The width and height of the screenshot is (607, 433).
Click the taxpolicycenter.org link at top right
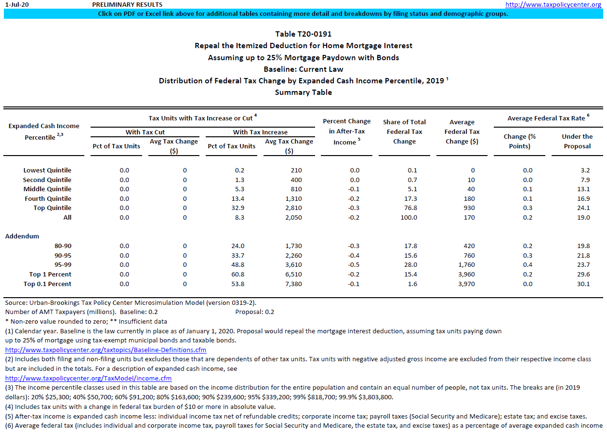554,4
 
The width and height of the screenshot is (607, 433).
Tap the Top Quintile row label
48,208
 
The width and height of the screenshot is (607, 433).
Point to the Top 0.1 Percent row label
47,284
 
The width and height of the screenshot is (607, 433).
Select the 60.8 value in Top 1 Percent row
238,275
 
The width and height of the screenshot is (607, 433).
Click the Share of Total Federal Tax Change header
404,131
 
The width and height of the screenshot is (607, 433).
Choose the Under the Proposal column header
577,141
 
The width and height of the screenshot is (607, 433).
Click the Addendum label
22,236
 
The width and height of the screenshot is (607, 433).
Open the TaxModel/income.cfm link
88,378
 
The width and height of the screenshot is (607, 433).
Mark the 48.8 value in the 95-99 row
238,265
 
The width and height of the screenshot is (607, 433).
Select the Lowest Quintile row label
47,171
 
